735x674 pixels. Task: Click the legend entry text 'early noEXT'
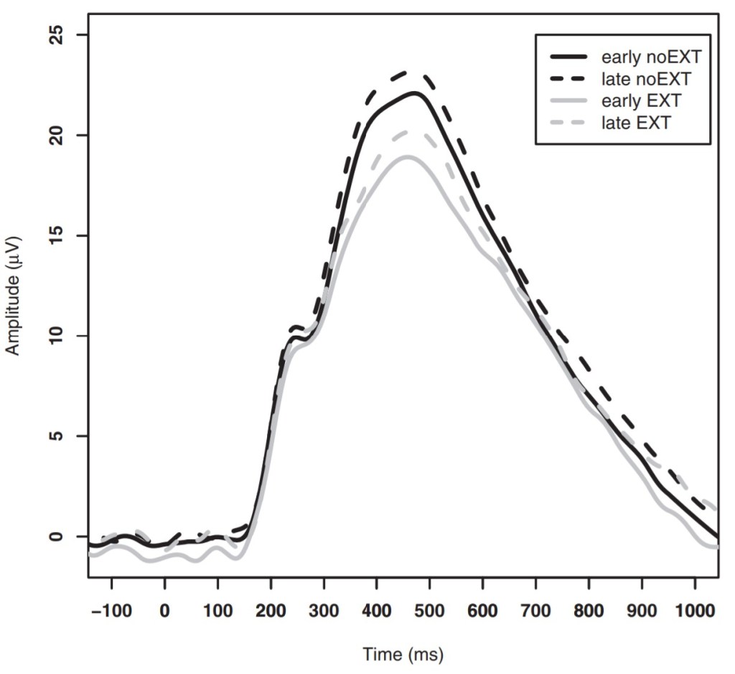click(x=650, y=57)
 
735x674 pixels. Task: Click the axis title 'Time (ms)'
click(x=403, y=654)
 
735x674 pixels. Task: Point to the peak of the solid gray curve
click(x=408, y=156)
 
